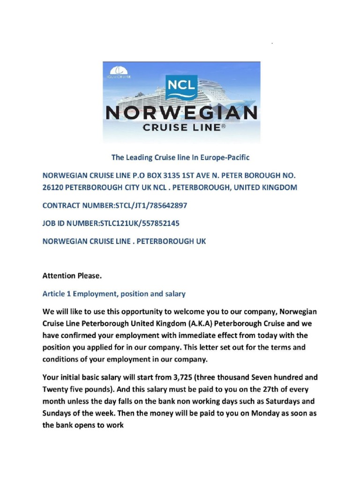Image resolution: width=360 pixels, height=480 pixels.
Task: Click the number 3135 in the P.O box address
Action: [174, 176]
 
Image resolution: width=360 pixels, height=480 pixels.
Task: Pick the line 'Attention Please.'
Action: [72, 276]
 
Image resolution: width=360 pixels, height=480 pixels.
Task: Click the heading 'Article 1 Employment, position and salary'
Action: [114, 294]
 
